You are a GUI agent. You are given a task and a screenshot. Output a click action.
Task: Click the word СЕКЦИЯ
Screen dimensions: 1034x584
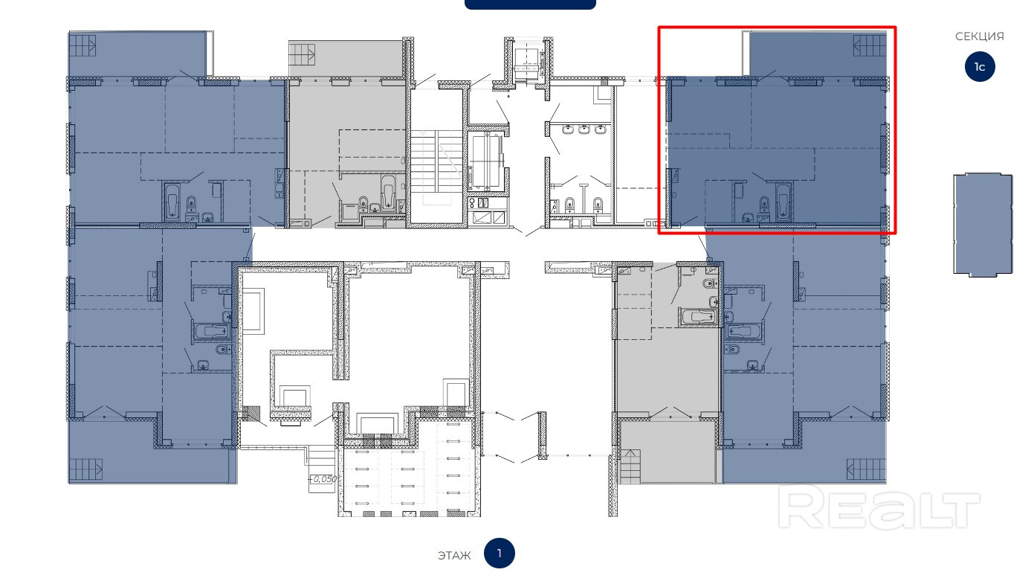coord(979,36)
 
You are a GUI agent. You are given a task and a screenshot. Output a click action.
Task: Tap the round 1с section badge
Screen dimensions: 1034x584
coord(980,67)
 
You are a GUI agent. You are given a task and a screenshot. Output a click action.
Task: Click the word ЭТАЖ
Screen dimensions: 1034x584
coord(453,555)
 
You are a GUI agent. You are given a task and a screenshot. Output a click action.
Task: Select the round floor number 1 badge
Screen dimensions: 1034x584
coord(499,553)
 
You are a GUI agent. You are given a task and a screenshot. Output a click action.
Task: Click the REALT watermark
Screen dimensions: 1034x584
coord(879,510)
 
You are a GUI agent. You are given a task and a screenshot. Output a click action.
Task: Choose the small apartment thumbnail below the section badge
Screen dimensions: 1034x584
coord(983,225)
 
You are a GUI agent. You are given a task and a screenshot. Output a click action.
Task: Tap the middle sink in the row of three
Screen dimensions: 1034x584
coord(584,129)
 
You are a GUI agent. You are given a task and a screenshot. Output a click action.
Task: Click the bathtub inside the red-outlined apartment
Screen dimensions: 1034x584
coord(783,202)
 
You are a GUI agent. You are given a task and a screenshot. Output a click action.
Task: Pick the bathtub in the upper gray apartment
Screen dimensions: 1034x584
coord(388,193)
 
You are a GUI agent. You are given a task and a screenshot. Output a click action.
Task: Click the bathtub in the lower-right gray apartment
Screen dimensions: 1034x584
coord(697,318)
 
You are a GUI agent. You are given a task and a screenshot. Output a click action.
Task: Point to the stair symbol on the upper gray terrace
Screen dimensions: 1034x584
coord(302,54)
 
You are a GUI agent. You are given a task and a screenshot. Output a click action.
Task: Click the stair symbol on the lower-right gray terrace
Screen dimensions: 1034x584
coord(630,466)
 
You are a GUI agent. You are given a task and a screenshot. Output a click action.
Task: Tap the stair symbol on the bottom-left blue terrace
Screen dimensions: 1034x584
coord(85,469)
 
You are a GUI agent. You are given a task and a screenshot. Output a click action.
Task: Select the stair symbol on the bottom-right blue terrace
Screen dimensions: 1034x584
coord(866,469)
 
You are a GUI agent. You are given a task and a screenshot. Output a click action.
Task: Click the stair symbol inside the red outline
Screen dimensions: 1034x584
coord(869,45)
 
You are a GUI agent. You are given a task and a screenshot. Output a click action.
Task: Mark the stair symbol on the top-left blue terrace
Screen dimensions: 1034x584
coord(83,45)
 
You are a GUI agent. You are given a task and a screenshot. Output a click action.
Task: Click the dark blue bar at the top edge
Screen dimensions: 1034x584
coord(530,4)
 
